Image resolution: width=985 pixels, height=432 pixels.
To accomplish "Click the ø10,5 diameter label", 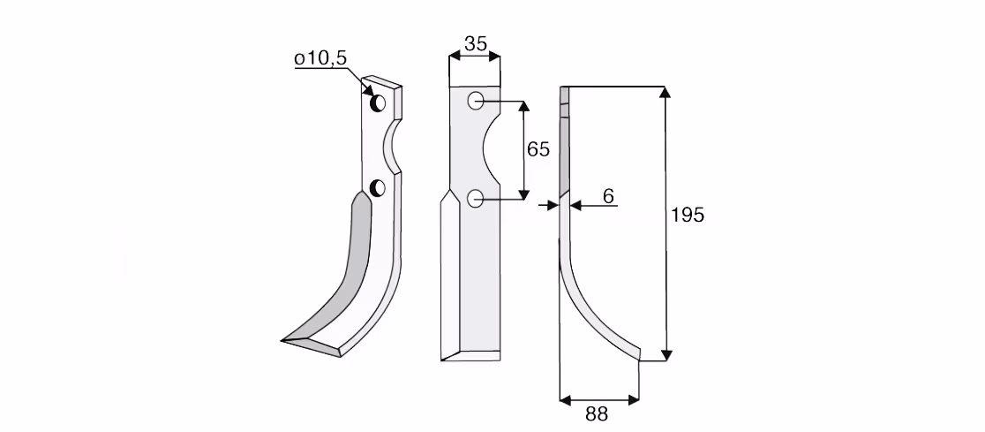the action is [320, 58].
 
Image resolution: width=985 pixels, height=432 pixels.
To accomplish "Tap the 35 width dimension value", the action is [476, 43].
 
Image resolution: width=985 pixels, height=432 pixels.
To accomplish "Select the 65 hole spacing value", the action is [538, 149].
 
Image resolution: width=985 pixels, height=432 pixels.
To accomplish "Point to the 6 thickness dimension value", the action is [608, 196].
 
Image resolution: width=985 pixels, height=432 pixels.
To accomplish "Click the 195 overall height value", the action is [688, 215].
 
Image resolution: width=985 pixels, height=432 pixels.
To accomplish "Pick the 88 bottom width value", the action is [597, 414].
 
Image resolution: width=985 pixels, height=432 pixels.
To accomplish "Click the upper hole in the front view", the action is [476, 101].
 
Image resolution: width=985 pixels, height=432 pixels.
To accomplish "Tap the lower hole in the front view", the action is [476, 199].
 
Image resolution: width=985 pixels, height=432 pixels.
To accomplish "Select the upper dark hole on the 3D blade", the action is [378, 102].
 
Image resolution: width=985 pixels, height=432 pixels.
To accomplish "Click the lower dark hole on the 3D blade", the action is [378, 187].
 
